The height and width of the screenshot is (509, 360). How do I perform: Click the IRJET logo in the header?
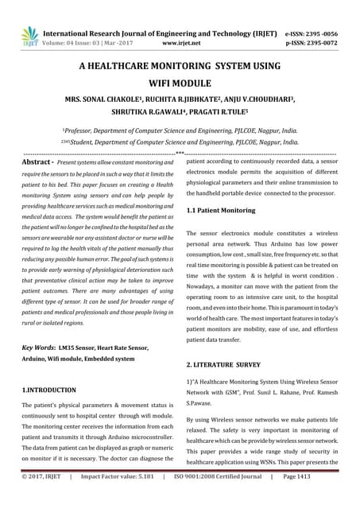click(x=29, y=35)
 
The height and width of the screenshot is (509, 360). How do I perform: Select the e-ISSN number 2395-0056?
click(x=327, y=33)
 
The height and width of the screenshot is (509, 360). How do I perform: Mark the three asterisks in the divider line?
click(x=180, y=151)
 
